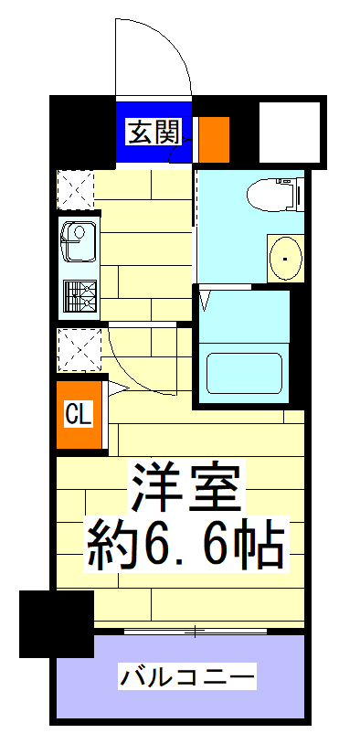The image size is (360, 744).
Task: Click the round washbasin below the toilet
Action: pyautogui.click(x=285, y=259)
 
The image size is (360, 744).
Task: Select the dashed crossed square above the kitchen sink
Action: pyautogui.click(x=76, y=190)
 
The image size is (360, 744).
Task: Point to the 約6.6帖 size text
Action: pyautogui.click(x=187, y=546)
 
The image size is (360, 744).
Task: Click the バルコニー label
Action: pyautogui.click(x=186, y=677)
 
